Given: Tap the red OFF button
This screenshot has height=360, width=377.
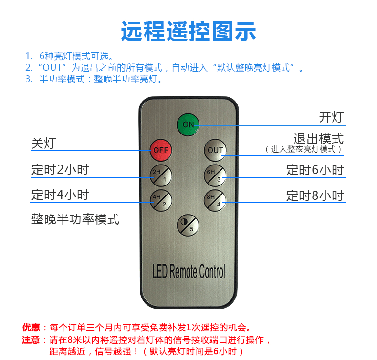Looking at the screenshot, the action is click(161, 150).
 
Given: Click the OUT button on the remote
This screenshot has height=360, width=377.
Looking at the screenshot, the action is click(215, 150).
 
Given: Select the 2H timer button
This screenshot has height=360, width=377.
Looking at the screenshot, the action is click(161, 175).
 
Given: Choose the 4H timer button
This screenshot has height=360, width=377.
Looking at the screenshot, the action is click(161, 201).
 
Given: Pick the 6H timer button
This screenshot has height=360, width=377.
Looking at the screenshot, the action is click(215, 175).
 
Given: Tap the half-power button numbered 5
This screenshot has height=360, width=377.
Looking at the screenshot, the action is click(188, 225).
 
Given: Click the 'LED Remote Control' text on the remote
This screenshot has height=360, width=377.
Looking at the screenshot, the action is click(189, 271).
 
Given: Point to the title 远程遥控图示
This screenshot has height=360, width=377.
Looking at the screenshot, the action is click(188, 31).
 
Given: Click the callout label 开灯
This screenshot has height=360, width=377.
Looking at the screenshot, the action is click(331, 117).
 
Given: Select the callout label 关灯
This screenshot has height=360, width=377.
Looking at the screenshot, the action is click(44, 144).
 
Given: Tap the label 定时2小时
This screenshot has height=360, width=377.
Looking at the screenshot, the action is click(60, 170).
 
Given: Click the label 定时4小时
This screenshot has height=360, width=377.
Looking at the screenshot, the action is click(60, 195).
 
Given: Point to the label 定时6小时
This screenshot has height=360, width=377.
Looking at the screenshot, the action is click(315, 170).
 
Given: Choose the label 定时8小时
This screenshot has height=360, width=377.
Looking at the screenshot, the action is click(315, 195).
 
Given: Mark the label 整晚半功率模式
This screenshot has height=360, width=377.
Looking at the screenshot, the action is click(75, 219).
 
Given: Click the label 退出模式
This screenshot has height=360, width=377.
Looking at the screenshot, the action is click(319, 139).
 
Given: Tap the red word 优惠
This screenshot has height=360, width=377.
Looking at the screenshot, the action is click(31, 328).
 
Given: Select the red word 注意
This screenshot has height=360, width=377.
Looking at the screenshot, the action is click(31, 340).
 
